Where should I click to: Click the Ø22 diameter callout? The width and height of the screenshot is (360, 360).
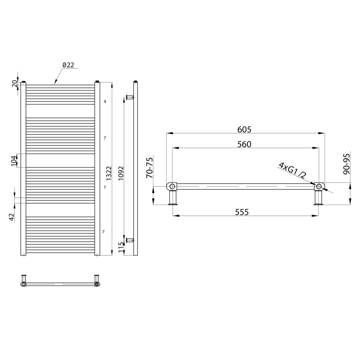[x=69, y=65]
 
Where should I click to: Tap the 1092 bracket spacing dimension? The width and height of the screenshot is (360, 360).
[x=121, y=173]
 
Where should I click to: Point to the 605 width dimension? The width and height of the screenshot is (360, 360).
[x=244, y=129]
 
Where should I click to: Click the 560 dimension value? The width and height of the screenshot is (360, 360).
[x=244, y=144]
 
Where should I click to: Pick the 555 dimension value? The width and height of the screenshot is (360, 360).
[x=242, y=212]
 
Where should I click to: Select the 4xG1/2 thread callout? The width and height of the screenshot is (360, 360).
[x=292, y=171]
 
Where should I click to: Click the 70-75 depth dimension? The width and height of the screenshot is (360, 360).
[x=149, y=168]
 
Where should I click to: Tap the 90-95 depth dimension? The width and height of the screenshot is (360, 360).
[x=346, y=164]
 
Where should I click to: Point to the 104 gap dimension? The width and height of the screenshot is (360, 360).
[x=14, y=161]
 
